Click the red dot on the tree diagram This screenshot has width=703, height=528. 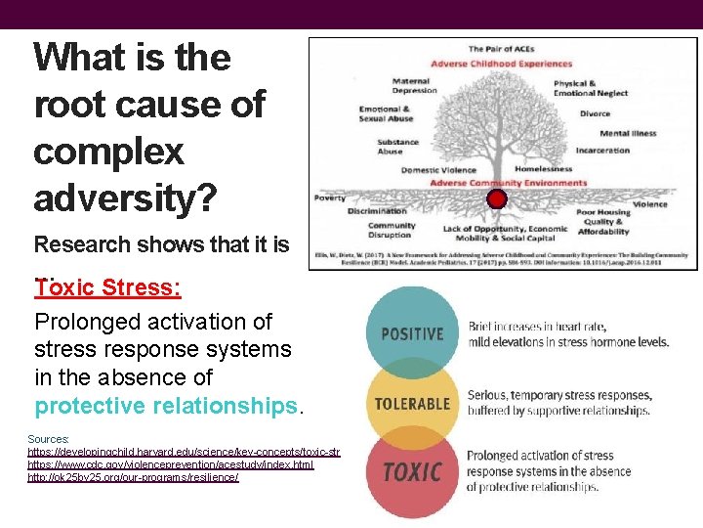click(497, 199)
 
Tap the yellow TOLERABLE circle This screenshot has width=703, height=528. click(412, 403)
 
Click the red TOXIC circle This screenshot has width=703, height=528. click(412, 472)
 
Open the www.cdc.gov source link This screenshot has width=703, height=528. click(170, 464)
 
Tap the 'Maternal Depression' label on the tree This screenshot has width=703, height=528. click(414, 86)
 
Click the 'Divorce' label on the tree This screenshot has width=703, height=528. click(595, 113)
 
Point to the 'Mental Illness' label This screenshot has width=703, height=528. click(628, 133)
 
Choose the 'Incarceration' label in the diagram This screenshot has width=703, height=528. click(602, 151)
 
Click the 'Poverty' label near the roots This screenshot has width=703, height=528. click(329, 198)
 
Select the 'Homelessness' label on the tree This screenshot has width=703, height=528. click(543, 169)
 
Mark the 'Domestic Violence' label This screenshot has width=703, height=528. click(438, 170)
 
